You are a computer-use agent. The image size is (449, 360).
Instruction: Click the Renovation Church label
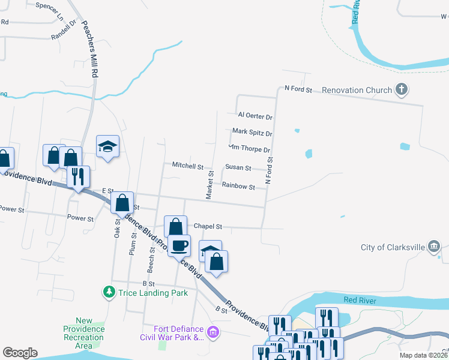(x=357, y=90)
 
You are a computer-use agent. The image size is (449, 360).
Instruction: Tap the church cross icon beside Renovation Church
(x=402, y=90)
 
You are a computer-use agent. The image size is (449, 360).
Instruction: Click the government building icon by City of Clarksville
(x=435, y=247)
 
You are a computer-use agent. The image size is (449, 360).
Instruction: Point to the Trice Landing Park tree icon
(x=109, y=292)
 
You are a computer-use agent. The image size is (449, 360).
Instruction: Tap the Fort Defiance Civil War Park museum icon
(x=212, y=332)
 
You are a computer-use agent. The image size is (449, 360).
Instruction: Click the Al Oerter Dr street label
(x=255, y=115)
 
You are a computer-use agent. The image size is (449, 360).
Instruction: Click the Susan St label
(x=238, y=168)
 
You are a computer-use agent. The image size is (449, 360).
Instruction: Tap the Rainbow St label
(x=238, y=187)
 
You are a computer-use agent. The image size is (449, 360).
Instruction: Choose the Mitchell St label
(x=188, y=165)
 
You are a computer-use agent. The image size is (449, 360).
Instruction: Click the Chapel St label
(x=208, y=227)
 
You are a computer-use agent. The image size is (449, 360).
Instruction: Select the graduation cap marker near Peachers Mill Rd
(x=108, y=146)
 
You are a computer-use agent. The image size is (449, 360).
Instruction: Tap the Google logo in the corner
(x=20, y=353)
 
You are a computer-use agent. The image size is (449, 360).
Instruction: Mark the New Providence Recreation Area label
(x=84, y=334)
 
